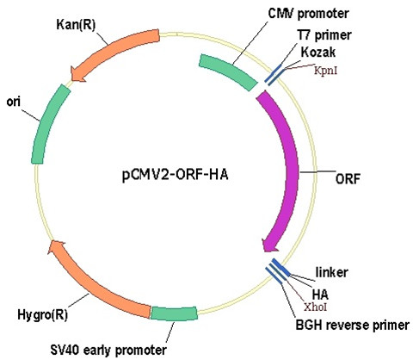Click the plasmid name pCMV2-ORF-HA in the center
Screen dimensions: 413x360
coord(176,175)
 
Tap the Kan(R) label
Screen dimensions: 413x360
coord(76,25)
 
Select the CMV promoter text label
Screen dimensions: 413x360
coord(308,14)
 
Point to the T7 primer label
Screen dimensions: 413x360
coord(324,35)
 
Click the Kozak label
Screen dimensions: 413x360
coord(318,53)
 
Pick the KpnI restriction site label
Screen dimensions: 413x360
coord(325,71)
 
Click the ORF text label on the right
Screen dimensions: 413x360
coord(348,179)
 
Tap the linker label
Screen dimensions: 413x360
coord(332,272)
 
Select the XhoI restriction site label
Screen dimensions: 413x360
coord(316,307)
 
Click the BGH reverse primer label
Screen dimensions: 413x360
coord(353,326)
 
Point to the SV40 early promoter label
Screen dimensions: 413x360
coord(108,350)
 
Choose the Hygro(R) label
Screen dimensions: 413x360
coord(43,315)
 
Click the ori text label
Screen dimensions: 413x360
coord(14,102)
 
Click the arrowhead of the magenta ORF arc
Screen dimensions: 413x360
coord(269,245)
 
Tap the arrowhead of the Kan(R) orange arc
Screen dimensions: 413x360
coord(77,73)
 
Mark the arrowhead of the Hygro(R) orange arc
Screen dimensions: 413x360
coord(57,248)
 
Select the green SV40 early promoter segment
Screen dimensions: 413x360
coord(174,313)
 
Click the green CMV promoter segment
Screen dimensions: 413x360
coord(229,71)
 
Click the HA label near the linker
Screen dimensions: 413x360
coord(320,295)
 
